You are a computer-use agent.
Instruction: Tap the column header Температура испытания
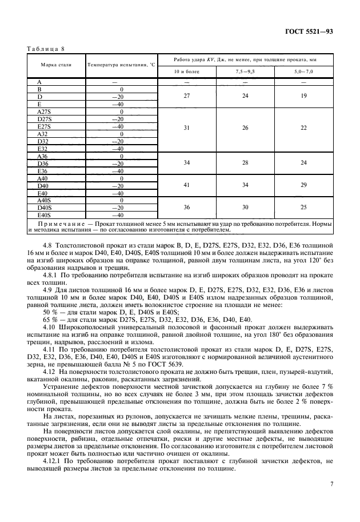pos(122,65)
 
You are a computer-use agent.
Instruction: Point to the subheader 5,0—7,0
pos(303,71)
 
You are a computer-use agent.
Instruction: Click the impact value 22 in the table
pos(303,127)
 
